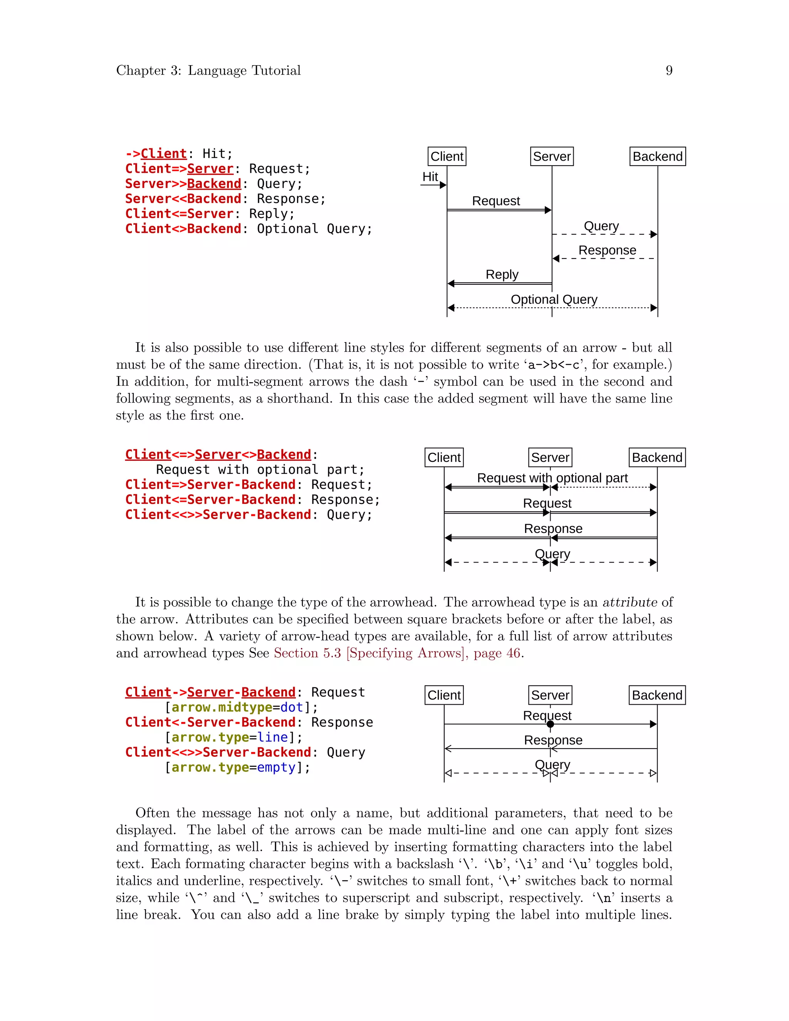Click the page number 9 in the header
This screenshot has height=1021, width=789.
coord(669,71)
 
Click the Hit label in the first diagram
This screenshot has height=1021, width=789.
coord(430,177)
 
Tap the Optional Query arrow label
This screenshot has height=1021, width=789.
coord(554,299)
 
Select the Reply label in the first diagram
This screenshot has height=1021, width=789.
coord(502,274)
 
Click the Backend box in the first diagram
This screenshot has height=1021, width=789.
coord(657,156)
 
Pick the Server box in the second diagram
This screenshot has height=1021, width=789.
coord(550,457)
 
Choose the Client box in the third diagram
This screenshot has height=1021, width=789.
coord(444,695)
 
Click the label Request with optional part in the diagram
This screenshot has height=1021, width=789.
coord(552,478)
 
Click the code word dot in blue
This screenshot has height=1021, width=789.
coord(292,707)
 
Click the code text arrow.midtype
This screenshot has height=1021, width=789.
coord(222,707)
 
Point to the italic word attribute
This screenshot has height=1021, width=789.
coord(630,602)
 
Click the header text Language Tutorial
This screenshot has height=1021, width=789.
coord(244,71)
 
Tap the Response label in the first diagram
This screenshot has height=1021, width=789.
coord(607,250)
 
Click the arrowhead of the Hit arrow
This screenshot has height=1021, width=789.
coord(443,185)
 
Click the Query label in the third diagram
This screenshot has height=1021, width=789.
coord(552,764)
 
